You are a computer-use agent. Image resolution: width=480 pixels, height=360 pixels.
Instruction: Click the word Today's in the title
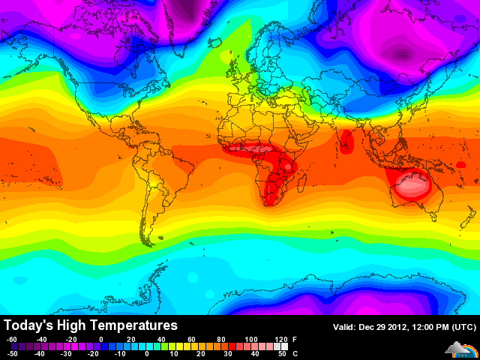point(27,325)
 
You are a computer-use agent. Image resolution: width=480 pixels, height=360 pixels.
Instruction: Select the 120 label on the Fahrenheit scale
point(281,340)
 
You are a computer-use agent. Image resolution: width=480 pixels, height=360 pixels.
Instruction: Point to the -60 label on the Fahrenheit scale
point(11,340)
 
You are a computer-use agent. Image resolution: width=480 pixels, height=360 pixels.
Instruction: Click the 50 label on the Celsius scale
point(281,353)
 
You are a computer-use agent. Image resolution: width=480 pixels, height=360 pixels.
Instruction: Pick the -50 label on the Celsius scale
point(11,353)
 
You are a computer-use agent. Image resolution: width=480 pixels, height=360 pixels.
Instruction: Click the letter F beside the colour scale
point(294,340)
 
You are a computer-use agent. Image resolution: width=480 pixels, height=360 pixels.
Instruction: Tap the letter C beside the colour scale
point(294,353)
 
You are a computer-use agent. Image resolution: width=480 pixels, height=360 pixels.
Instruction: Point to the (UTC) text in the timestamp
point(463,326)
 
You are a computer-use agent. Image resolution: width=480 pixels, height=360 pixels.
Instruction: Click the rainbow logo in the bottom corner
point(460,348)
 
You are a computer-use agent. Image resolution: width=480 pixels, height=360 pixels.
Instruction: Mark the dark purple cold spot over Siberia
point(402,54)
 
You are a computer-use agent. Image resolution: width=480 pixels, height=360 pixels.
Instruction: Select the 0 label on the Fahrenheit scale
point(101,340)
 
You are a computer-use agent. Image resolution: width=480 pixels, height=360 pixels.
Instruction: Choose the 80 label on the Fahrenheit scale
point(221,340)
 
